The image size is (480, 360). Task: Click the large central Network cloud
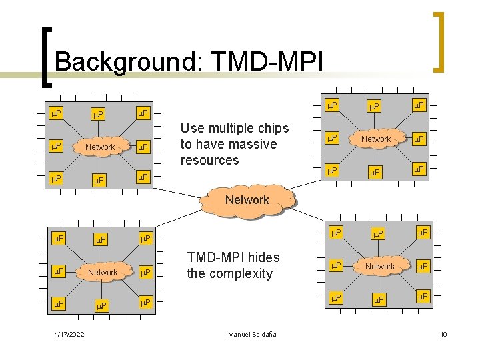click(247, 200)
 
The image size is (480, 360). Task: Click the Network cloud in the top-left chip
click(101, 147)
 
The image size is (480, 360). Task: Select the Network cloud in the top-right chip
click(376, 139)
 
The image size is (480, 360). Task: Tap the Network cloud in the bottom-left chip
click(103, 272)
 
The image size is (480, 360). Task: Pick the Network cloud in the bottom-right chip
click(380, 266)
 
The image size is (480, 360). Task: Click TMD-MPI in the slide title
click(267, 62)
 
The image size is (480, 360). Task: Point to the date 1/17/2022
click(69, 333)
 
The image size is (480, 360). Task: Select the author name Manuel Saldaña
click(252, 333)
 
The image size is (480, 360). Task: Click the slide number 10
click(443, 333)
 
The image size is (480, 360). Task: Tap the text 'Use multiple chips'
click(235, 128)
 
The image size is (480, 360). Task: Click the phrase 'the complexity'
click(230, 273)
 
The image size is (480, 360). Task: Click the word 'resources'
click(209, 160)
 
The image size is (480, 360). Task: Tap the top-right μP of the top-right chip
click(419, 105)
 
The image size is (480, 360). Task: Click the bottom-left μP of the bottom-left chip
click(58, 303)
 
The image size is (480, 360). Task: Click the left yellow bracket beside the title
click(43, 57)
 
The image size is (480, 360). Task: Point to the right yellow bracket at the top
click(438, 41)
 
